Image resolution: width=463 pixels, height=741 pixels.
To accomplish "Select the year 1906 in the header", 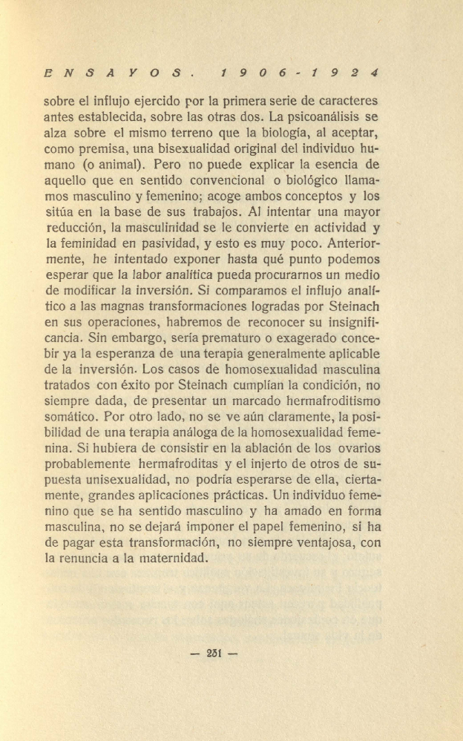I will tap(258, 74).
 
